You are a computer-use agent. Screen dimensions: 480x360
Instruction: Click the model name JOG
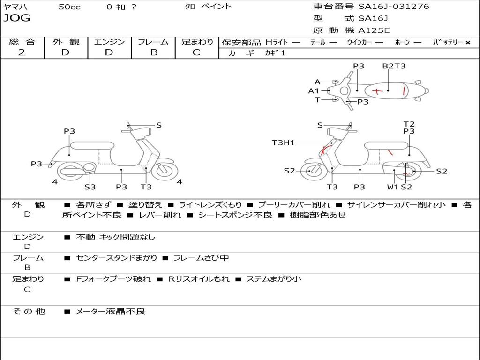point(17,18)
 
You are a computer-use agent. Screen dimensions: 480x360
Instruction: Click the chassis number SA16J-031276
point(394,7)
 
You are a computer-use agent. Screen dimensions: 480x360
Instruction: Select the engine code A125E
point(374,30)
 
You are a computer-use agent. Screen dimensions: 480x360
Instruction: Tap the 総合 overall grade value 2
point(22,52)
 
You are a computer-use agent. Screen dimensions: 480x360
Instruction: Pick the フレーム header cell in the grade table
point(153,42)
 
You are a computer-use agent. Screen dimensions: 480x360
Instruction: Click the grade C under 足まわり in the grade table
point(196,52)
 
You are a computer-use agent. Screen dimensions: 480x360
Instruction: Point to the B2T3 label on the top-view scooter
point(394,66)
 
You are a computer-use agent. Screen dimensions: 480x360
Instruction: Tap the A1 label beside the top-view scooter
point(314,91)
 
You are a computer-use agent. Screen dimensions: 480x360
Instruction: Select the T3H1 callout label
point(283,142)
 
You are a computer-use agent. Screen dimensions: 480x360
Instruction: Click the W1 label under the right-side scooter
point(392,187)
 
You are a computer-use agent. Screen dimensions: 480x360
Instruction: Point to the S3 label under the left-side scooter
point(90,187)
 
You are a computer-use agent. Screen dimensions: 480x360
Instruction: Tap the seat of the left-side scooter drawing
point(92,145)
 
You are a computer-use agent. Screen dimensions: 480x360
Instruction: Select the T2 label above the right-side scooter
point(409,124)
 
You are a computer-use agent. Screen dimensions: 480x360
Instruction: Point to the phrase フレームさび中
point(201,258)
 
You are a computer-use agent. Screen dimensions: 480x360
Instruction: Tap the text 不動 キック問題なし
point(115,237)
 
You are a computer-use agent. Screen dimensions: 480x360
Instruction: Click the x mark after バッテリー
point(468,43)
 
